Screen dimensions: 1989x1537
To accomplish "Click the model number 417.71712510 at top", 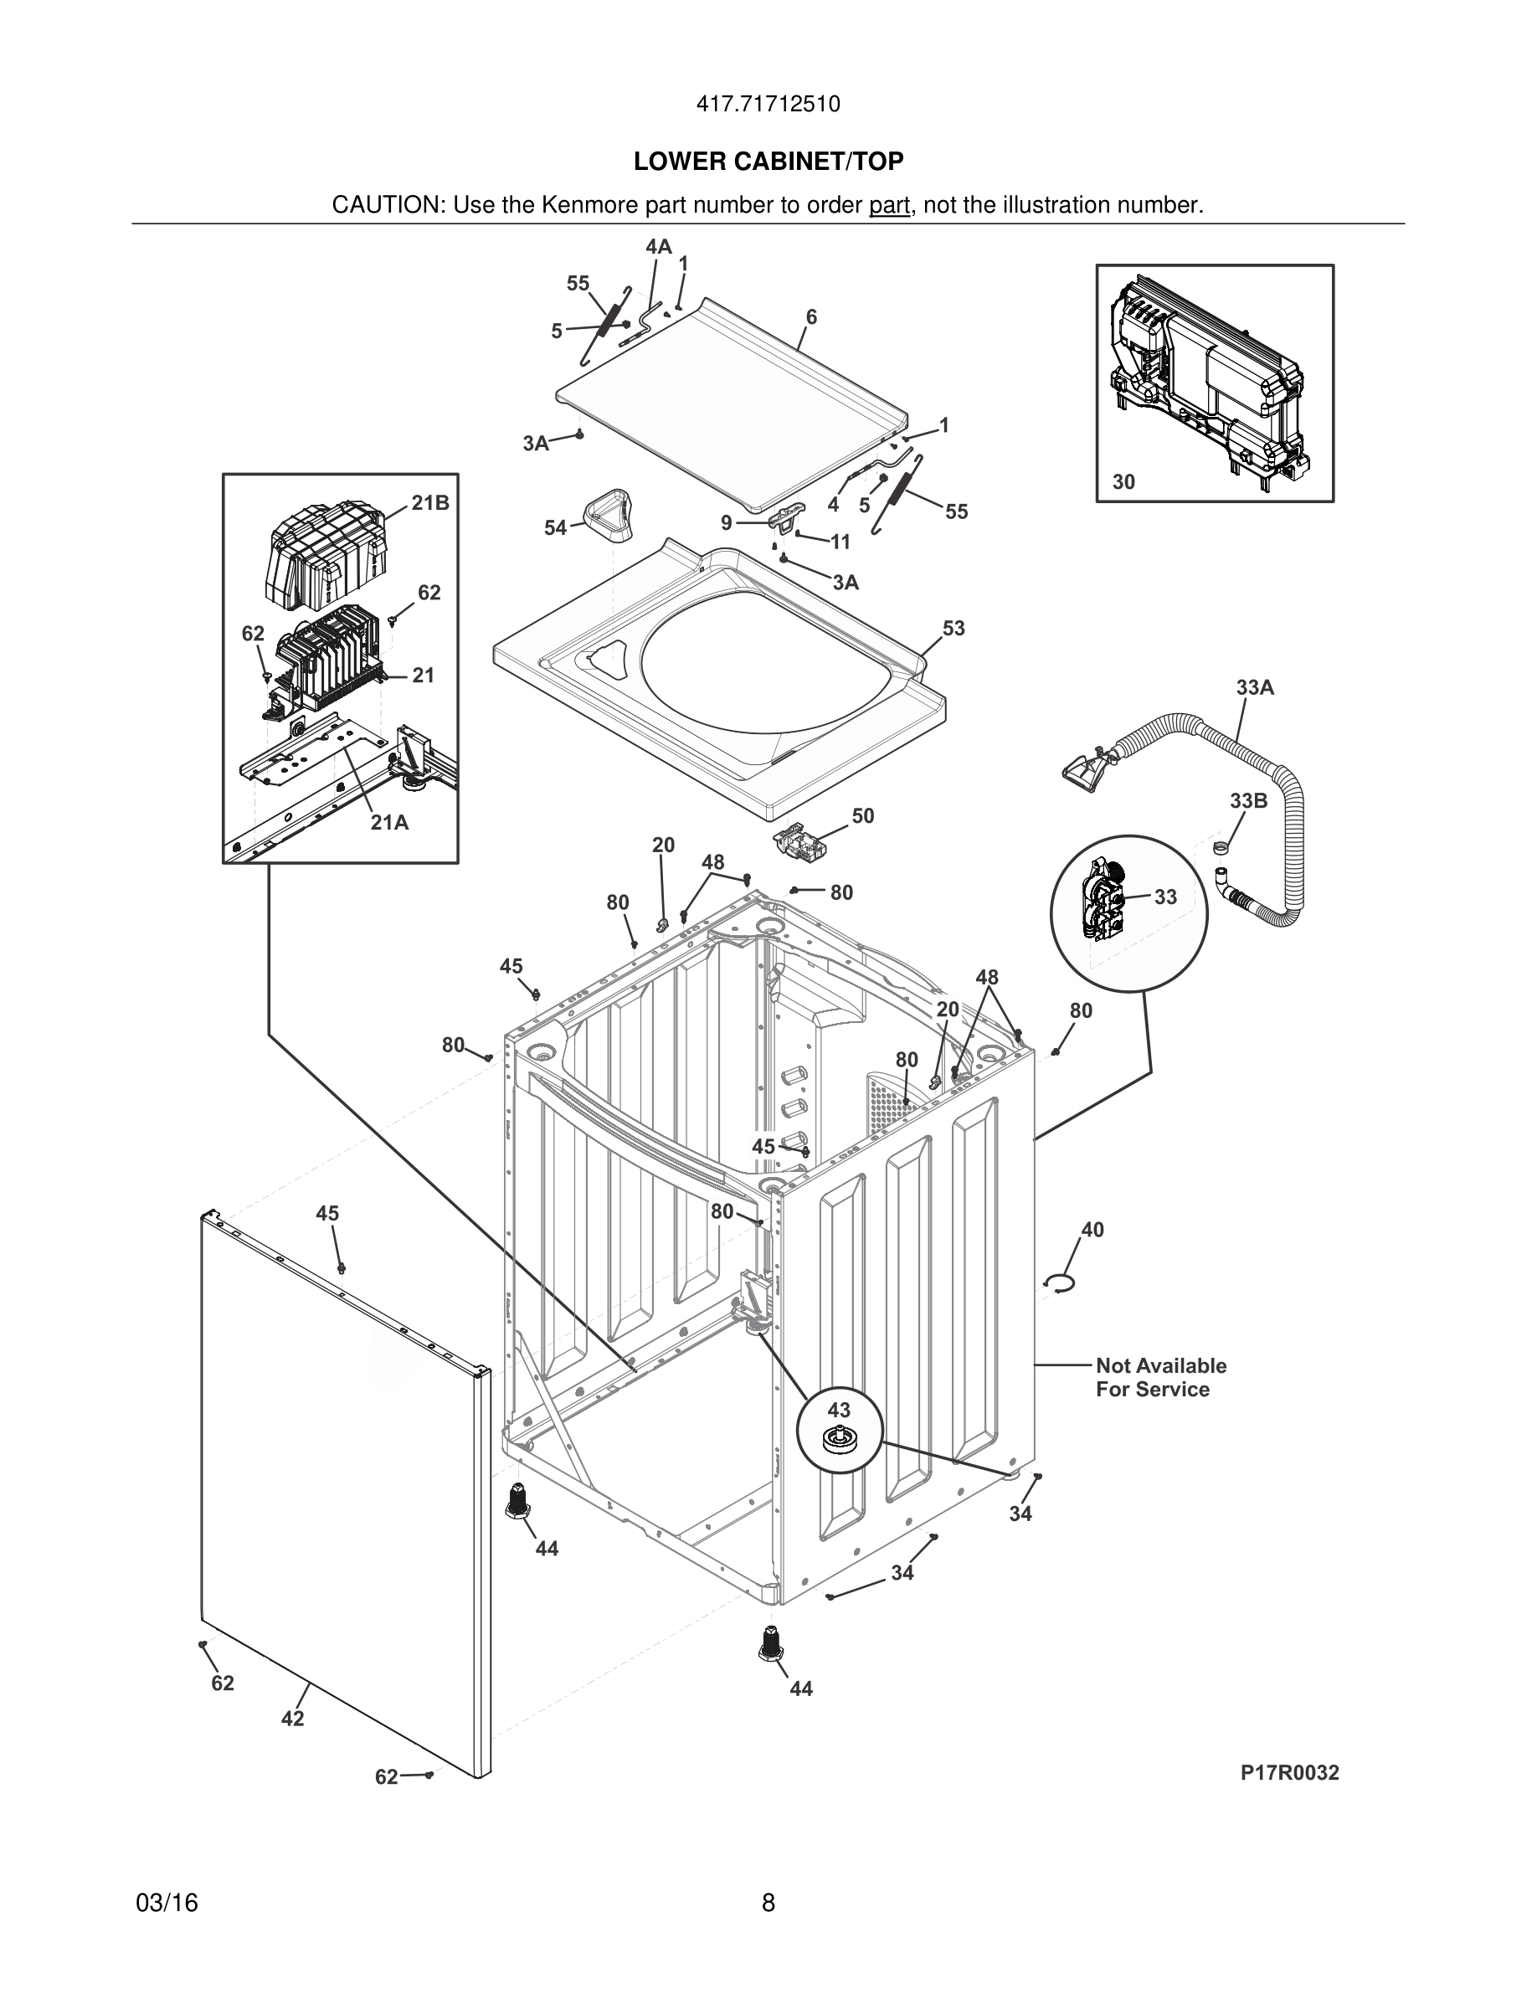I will (x=768, y=105).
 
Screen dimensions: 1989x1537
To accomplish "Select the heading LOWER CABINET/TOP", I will (x=768, y=162).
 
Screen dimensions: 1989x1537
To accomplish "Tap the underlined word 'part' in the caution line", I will (x=889, y=206).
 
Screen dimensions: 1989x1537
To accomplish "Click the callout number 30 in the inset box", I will (x=1123, y=482).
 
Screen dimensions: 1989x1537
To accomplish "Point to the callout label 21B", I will (x=429, y=503).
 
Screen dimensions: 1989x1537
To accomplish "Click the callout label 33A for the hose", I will (x=1255, y=687).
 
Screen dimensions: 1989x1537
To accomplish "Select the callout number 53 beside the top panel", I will (x=954, y=629).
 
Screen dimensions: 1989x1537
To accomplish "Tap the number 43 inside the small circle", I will (x=839, y=1411).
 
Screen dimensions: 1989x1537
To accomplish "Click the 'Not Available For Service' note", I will (x=1160, y=1377).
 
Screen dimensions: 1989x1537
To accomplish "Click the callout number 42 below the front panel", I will (x=292, y=1719).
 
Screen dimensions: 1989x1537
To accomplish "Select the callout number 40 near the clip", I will (x=1092, y=1231).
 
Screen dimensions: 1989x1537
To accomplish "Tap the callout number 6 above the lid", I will (x=811, y=317).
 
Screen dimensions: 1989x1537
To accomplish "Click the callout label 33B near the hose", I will (x=1248, y=801).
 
